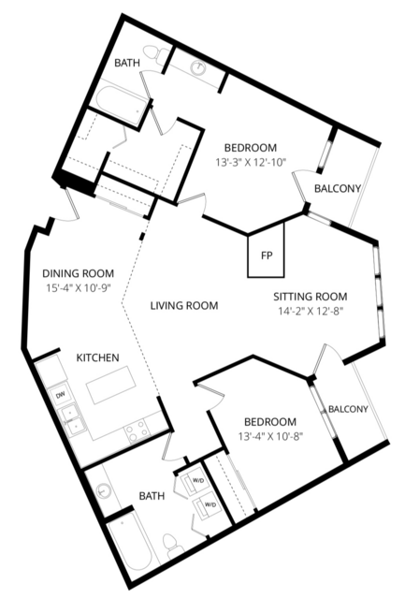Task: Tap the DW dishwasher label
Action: [60, 396]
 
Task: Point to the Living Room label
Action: [184, 305]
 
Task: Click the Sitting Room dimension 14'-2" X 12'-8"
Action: [311, 311]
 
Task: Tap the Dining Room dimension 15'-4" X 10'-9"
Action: [79, 288]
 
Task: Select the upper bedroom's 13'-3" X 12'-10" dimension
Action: [251, 162]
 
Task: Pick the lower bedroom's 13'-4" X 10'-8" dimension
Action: [269, 436]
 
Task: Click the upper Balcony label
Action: [338, 188]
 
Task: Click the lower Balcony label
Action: [348, 409]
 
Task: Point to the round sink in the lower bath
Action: [103, 490]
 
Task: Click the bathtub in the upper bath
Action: [122, 103]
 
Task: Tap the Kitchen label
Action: [98, 357]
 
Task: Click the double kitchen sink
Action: [72, 418]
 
